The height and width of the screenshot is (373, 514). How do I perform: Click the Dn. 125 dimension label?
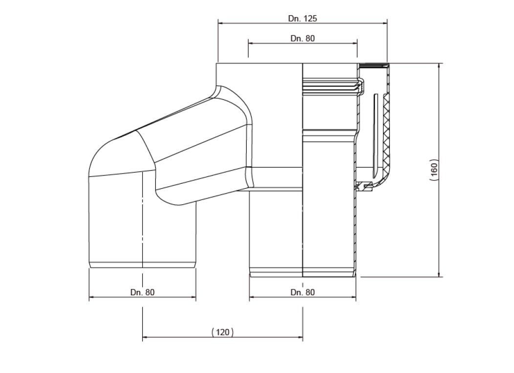[x=302, y=19]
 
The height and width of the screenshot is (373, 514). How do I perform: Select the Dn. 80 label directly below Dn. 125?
[x=302, y=39]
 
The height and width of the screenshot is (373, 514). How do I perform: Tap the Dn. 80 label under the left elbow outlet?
[x=142, y=292]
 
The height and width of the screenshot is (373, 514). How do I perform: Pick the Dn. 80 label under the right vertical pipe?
[x=302, y=292]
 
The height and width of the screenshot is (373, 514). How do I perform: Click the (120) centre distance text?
[x=223, y=332]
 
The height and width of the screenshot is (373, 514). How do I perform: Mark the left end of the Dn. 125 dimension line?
[x=218, y=22]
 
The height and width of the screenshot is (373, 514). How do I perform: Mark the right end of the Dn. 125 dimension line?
[x=387, y=22]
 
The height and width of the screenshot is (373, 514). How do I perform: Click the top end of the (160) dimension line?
[x=439, y=64]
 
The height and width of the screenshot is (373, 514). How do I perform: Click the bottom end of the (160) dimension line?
[x=439, y=276]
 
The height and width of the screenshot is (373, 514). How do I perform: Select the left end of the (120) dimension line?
[x=142, y=337]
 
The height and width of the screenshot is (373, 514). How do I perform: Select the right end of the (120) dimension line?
[x=303, y=337]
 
